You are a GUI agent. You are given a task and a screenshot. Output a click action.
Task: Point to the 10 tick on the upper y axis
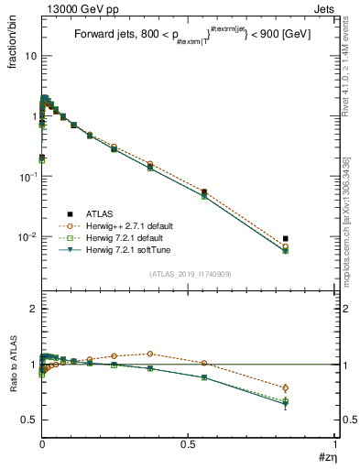pos(30,56)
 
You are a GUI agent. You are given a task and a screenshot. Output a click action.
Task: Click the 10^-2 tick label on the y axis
pos(27,236)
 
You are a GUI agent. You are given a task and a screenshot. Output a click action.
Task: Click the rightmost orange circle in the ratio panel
pos(286,387)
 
